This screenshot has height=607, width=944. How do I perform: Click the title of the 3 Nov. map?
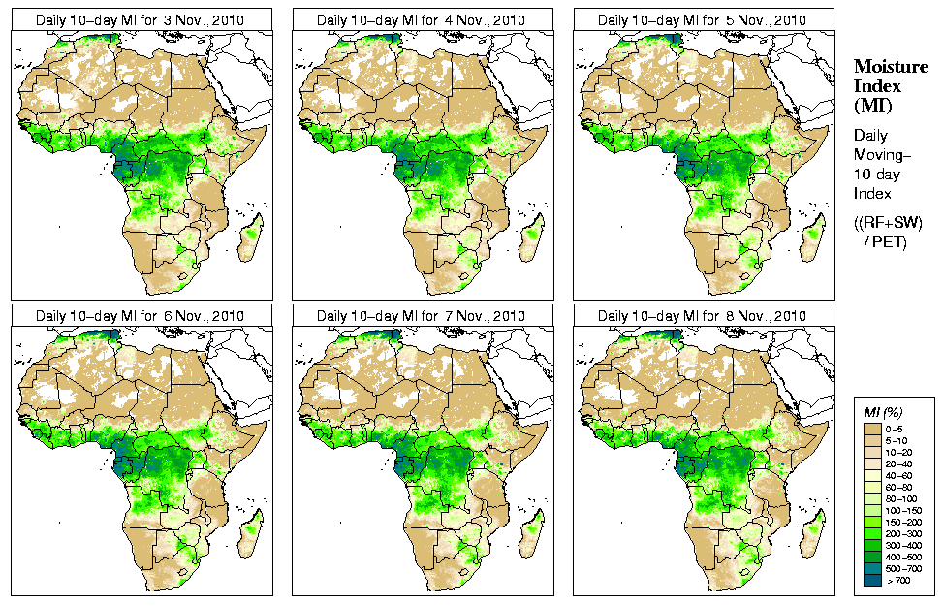(x=140, y=19)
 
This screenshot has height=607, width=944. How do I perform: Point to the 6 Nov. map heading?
(x=140, y=316)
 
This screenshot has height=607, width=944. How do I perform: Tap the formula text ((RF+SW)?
(x=888, y=223)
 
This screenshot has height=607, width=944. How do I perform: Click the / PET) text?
(x=886, y=241)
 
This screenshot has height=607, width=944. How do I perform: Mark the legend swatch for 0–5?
(x=872, y=428)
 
